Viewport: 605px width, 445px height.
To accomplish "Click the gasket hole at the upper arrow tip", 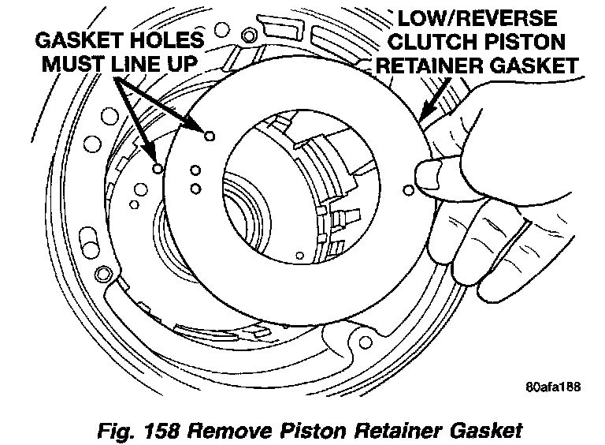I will click(x=209, y=136).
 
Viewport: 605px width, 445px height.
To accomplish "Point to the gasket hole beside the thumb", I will click(x=407, y=189).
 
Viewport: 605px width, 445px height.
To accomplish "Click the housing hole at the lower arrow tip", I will click(x=158, y=168).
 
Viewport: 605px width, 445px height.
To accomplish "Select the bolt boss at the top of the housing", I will click(x=251, y=35).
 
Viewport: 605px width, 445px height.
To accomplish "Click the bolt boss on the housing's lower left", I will click(x=102, y=275).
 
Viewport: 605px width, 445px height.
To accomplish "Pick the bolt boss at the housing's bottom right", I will click(x=364, y=341).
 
